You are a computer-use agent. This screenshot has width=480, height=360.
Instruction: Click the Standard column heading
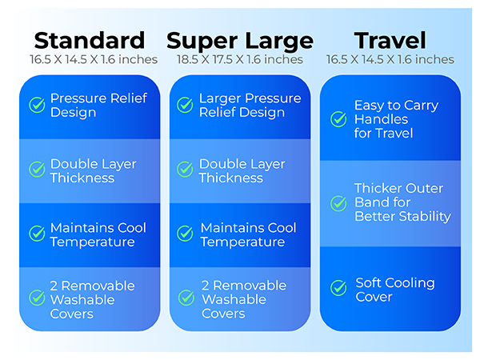coord(90,41)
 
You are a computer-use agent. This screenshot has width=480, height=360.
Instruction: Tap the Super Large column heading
coord(240,42)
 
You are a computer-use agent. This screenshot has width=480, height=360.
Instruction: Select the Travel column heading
coord(390,41)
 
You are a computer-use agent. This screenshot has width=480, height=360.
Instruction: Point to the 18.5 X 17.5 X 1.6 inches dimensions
coord(240,59)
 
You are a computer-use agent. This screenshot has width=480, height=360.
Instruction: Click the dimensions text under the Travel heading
coord(390,59)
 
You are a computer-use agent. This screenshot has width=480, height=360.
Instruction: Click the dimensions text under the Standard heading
coord(94,59)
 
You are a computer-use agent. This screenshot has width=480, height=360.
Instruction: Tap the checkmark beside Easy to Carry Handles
coord(338,119)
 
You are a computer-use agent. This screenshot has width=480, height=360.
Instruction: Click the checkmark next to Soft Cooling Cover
coord(338,288)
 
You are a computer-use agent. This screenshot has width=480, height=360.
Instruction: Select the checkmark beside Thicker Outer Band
coord(338,203)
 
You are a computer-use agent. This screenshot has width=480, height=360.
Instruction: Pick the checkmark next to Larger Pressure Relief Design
coord(185,105)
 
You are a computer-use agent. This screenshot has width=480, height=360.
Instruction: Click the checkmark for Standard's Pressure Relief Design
coord(37,105)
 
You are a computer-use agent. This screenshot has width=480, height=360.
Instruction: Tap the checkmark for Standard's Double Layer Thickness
coord(37,170)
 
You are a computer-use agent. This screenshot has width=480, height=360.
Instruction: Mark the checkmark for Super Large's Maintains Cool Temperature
coord(185,234)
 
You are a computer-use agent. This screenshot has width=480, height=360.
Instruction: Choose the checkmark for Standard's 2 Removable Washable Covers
coord(37,298)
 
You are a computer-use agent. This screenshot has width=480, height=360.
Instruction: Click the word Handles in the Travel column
coord(381,119)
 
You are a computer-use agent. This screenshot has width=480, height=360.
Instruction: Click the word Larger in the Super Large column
coord(219,99)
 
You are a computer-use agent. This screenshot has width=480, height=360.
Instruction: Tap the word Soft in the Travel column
coord(369,282)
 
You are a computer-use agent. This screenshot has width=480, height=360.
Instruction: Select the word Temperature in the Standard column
coord(93,242)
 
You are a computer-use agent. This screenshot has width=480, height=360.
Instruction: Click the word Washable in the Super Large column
coord(234,299)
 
